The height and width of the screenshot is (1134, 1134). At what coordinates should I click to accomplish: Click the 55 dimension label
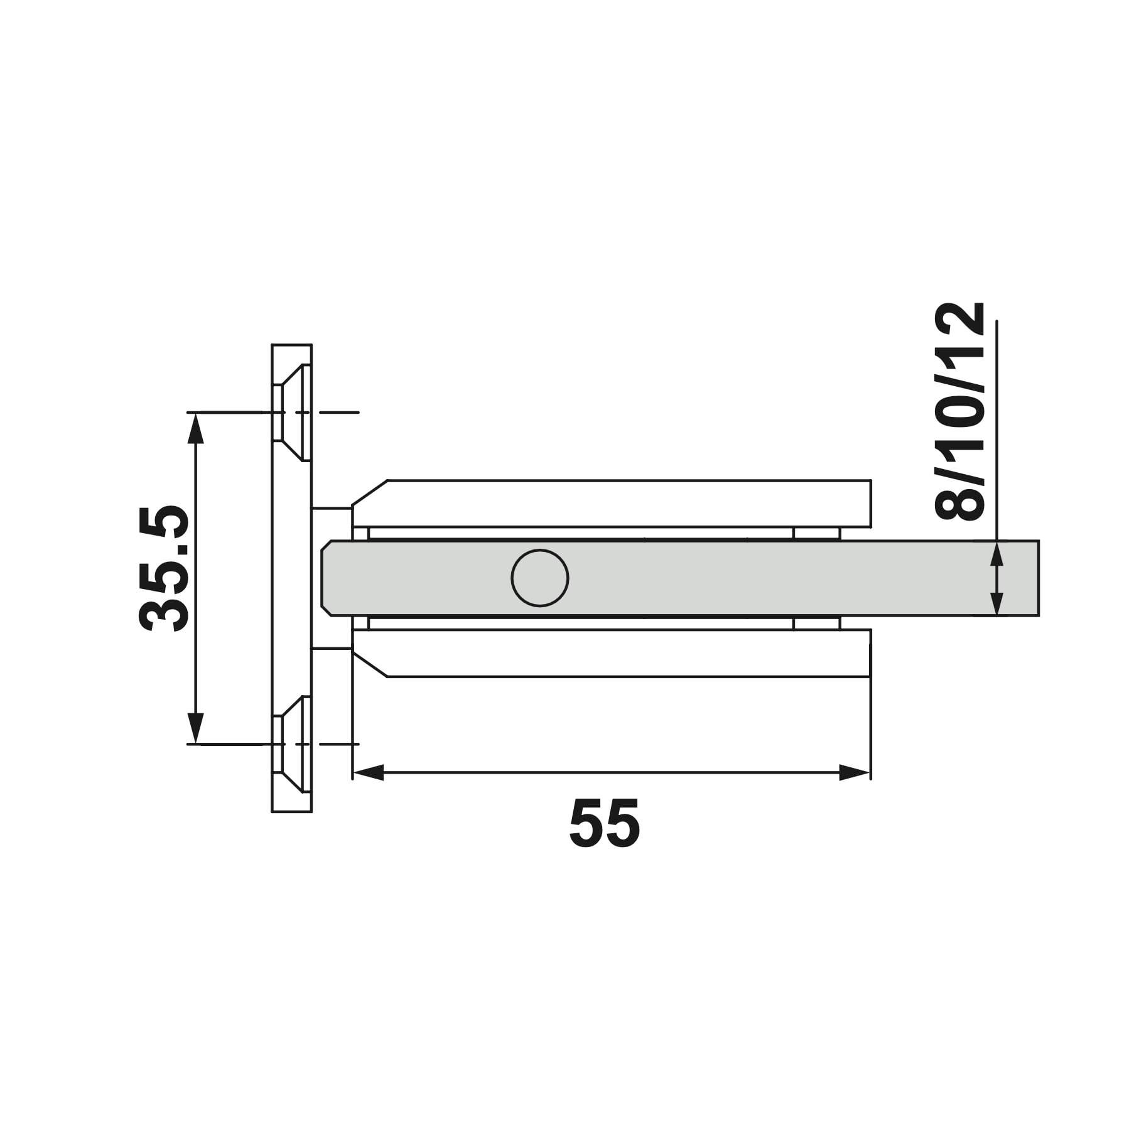[x=605, y=823]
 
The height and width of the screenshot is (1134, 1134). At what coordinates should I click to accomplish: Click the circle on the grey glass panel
[x=540, y=578]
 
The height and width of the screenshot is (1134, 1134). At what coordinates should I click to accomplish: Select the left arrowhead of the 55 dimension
[x=369, y=772]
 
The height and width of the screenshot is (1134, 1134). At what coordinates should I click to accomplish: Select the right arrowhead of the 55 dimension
[x=855, y=772]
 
